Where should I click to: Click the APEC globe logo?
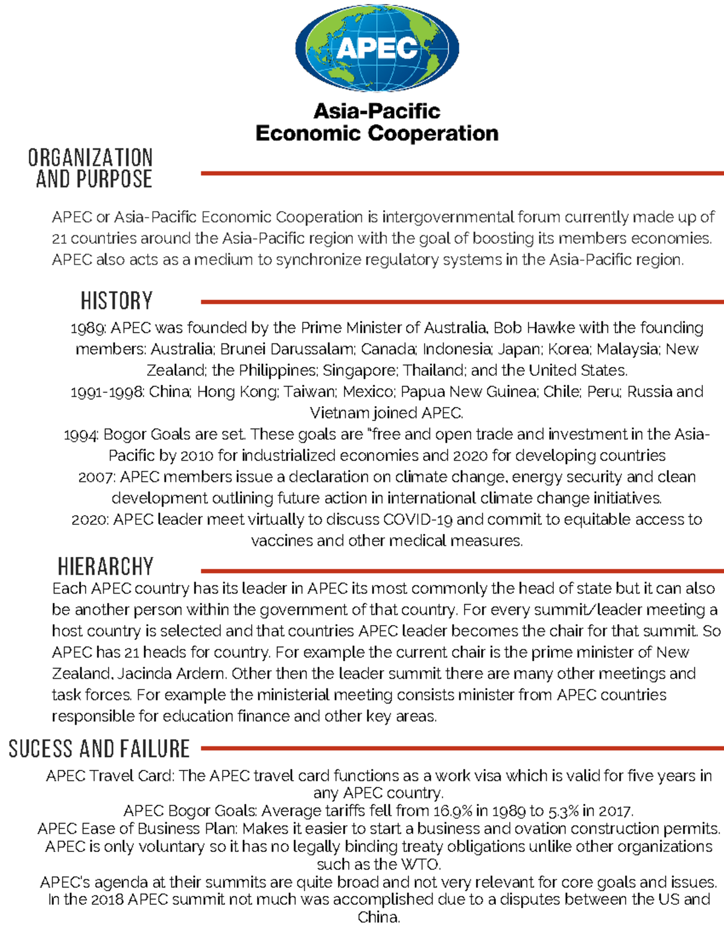point(377,48)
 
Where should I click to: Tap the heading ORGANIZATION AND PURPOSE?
point(92,168)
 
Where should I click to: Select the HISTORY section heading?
point(116,300)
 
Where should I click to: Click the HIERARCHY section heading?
point(106,567)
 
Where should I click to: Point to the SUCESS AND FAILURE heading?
point(100,749)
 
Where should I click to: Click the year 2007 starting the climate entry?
point(96,477)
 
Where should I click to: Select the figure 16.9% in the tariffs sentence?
point(451,811)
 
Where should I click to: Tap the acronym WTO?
point(419,865)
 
